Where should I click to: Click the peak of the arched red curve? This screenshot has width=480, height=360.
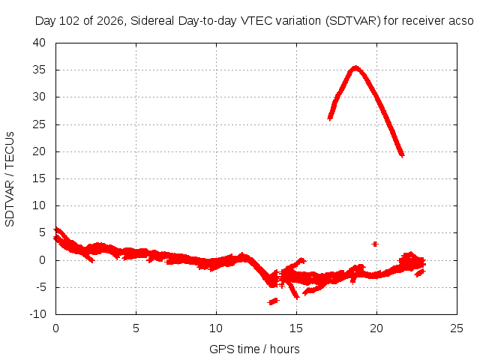[355, 68]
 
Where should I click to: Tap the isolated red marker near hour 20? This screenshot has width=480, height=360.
[375, 244]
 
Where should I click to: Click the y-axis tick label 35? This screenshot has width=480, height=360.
[39, 70]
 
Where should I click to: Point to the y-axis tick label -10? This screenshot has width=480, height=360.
[37, 314]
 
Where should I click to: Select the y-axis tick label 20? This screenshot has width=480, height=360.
[39, 151]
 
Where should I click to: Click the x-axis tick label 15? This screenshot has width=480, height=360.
[296, 328]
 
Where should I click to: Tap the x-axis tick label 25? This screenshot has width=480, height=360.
[457, 328]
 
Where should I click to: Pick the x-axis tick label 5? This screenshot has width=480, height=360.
[136, 328]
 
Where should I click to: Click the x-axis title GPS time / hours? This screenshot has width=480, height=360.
[254, 349]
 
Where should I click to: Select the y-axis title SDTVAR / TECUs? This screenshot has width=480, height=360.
[10, 179]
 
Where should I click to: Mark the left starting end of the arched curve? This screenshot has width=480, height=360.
[330, 117]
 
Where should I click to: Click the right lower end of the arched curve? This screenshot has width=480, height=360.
[402, 154]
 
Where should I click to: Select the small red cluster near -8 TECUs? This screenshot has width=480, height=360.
[273, 301]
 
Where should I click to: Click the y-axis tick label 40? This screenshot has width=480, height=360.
[39, 43]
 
